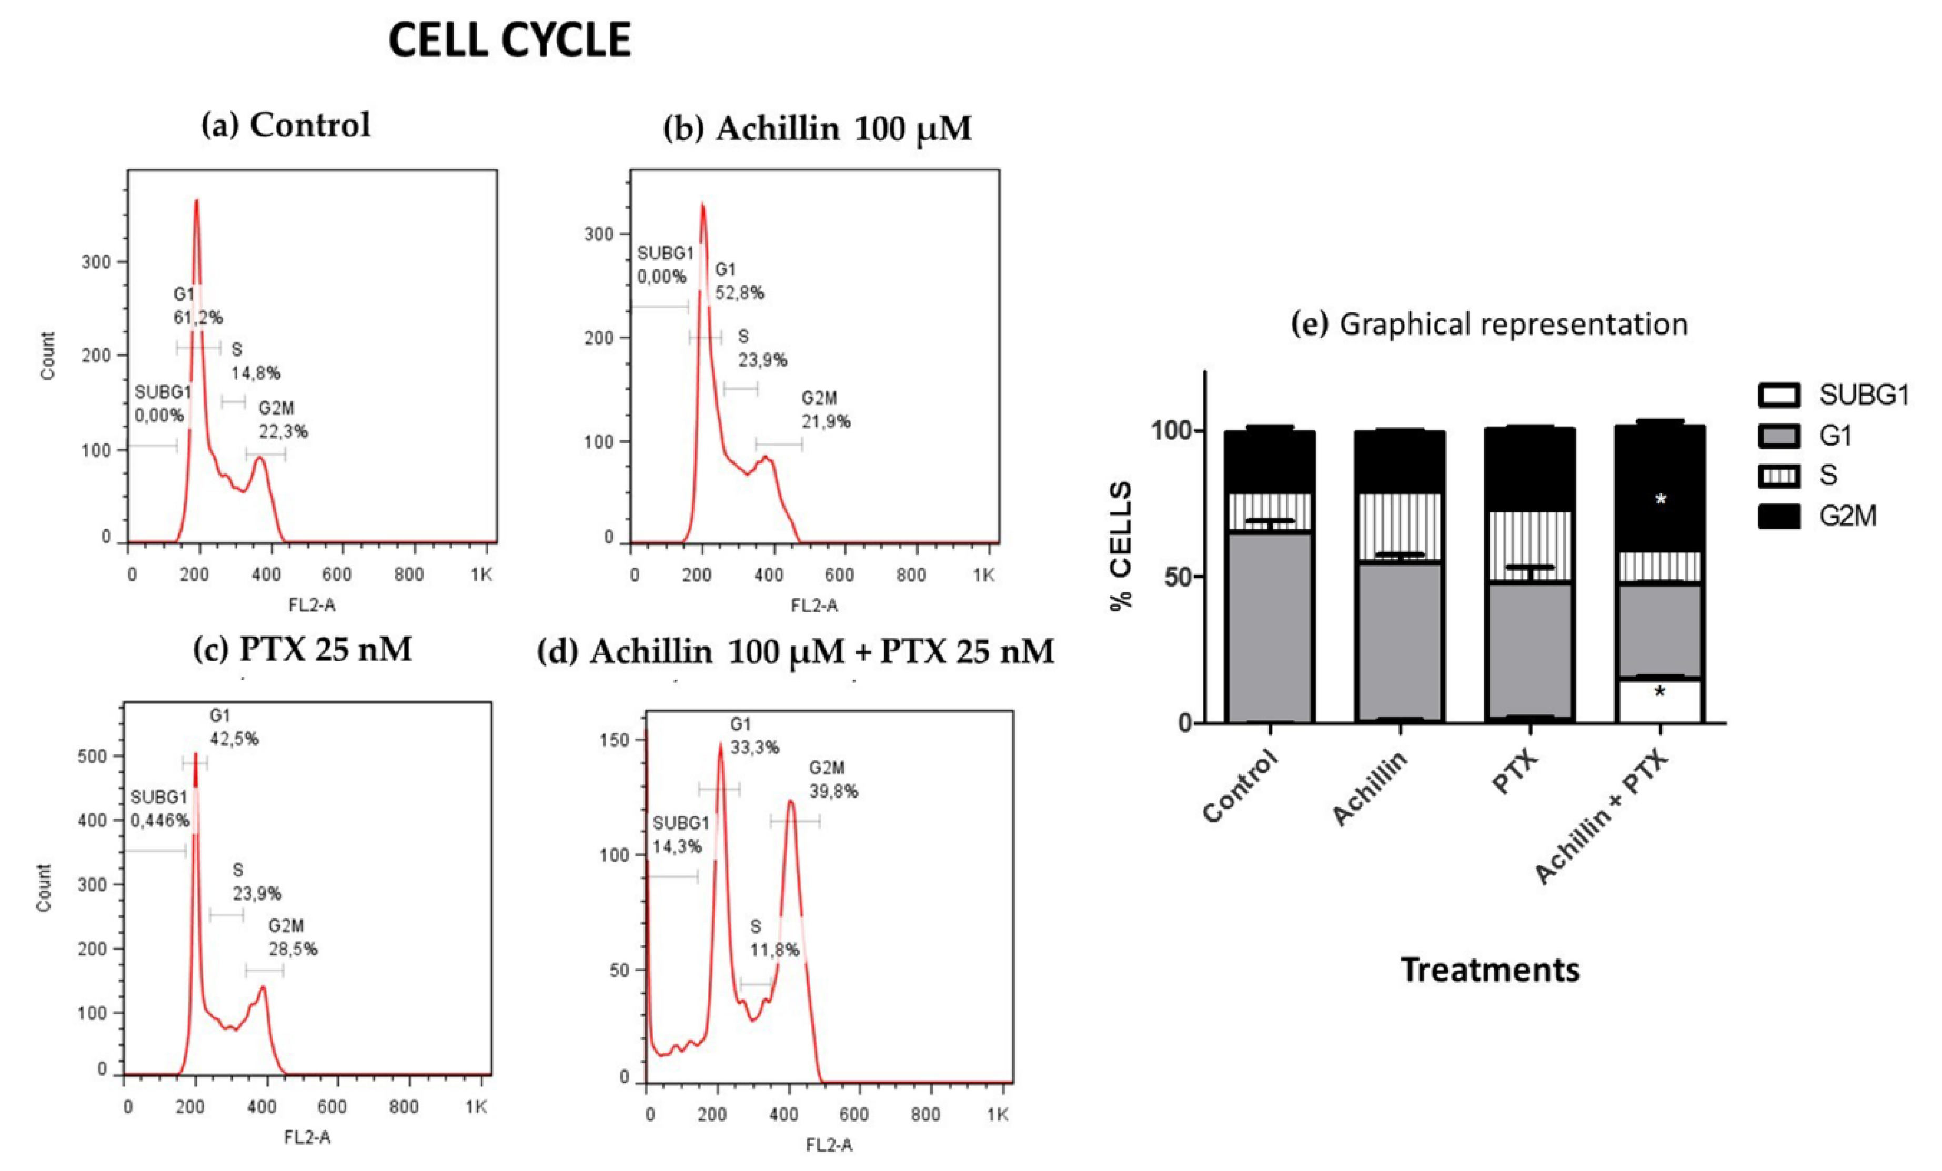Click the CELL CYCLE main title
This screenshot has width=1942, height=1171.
[510, 40]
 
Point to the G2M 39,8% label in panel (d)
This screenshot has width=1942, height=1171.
[833, 780]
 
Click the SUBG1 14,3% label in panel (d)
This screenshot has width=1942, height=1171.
[680, 834]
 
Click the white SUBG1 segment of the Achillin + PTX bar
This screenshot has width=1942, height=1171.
[1660, 701]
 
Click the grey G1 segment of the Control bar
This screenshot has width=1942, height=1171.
[1270, 627]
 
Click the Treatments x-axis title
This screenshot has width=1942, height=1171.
[1490, 970]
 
